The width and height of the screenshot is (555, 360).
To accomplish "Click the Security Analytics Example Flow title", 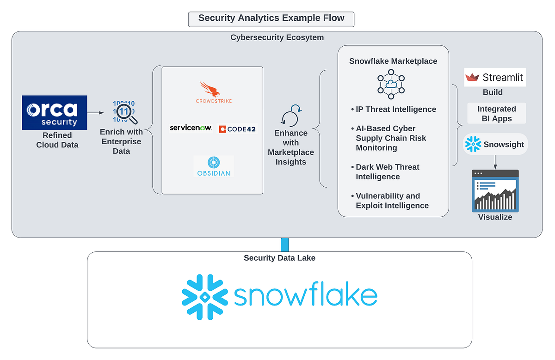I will pos(271,18).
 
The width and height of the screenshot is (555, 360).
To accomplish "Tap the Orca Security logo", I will pos(54,113).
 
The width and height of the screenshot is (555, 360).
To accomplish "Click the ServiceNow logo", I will pos(191,128).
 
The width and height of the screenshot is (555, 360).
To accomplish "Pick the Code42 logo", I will pos(237,129).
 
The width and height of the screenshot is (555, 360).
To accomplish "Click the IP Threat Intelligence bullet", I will pos(393,110).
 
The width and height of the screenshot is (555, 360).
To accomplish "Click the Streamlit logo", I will pos(495,77).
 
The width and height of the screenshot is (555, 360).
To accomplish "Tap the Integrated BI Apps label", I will pos(496,113).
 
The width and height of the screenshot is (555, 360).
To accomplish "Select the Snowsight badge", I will pos(495,145).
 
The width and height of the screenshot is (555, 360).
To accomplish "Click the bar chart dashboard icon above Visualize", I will pos(495,191).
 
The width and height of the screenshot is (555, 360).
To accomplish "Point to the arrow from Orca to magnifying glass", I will pos(96,112).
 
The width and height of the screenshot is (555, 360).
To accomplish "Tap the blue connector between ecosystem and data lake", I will pos(284,244).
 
